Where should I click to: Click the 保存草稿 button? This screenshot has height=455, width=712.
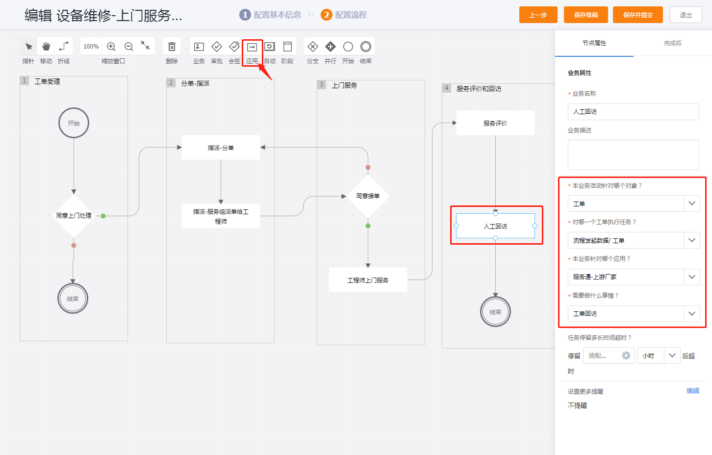pos(586,15)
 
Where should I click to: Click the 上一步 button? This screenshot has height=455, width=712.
pos(538,15)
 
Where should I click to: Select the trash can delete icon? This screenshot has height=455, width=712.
pos(172,47)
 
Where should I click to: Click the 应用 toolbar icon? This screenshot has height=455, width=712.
pos(252,47)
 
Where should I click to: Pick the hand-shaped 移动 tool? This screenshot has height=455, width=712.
pos(46,47)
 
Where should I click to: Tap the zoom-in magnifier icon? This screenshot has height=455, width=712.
pos(111,47)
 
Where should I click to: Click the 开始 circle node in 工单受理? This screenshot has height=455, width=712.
pos(74,123)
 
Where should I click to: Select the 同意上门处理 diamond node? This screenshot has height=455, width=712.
pos(74,216)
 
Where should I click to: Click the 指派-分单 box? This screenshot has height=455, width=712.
pos(221,148)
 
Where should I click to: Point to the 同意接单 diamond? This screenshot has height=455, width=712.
pos(368,196)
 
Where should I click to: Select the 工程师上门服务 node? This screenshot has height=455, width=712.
pos(368,280)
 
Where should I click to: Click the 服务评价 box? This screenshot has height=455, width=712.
pos(496,123)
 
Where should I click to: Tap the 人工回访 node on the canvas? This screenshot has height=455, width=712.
pos(496,226)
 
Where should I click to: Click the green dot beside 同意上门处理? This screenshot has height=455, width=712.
pos(103,216)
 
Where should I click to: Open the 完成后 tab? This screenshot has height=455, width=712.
pos(673,43)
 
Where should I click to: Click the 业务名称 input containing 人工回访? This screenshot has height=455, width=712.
pos(633,111)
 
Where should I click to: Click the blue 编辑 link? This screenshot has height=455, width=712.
pos(693,391)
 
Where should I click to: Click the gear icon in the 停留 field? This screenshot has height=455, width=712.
pos(626,355)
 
